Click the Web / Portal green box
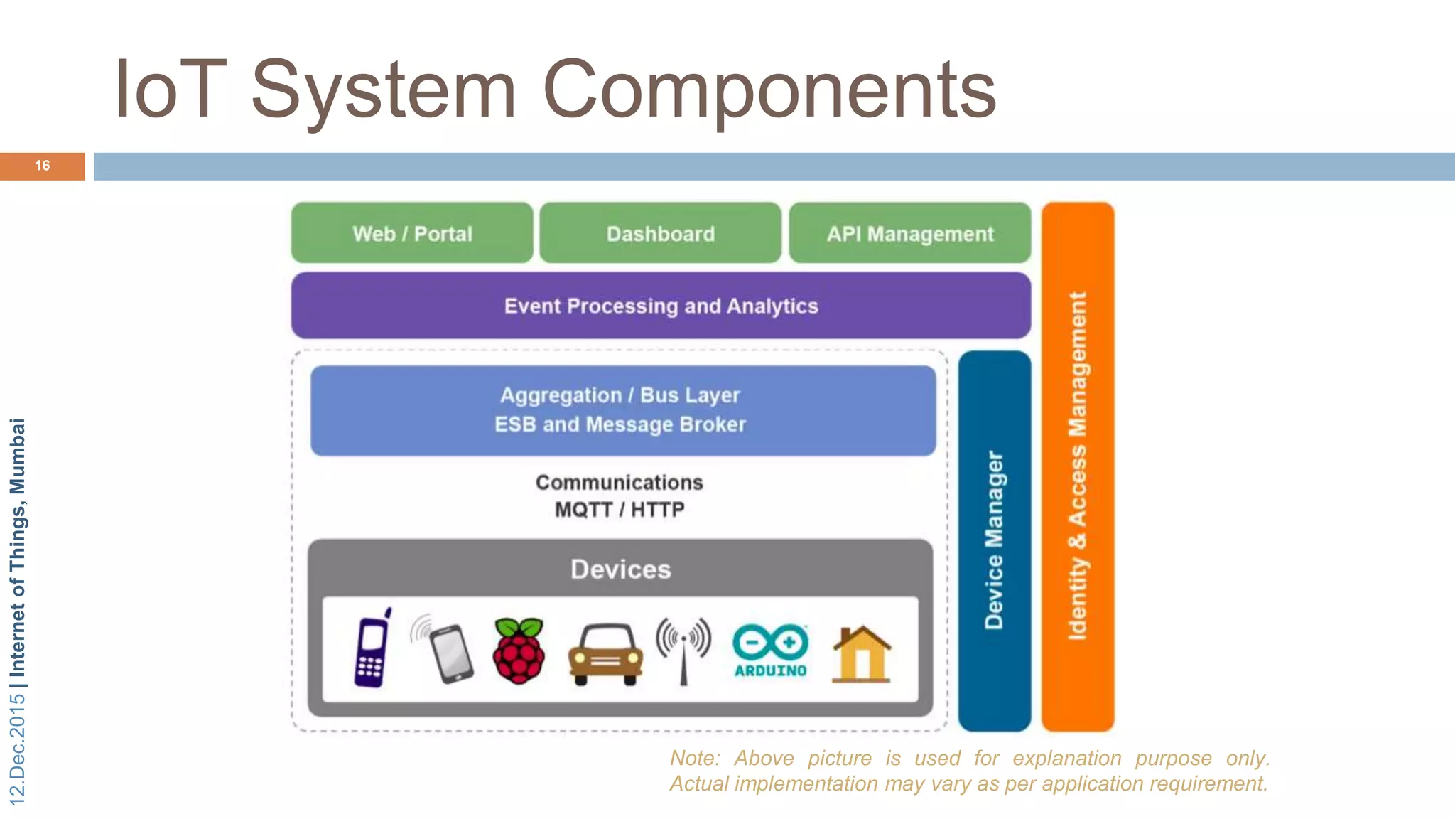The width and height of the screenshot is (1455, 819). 412,233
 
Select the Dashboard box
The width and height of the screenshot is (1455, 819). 660,233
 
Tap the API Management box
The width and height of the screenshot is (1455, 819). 909,233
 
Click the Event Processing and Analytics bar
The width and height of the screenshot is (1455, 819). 661,306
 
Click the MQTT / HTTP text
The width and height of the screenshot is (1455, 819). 620,510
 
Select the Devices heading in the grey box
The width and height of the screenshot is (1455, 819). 620,569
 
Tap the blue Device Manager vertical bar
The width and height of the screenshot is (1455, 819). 994,540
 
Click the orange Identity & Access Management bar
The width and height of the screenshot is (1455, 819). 1077,466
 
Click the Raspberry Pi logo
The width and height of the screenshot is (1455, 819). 519,651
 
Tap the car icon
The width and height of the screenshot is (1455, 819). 605,655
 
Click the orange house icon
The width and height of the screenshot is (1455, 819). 861,654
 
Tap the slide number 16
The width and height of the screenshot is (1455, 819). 42,166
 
